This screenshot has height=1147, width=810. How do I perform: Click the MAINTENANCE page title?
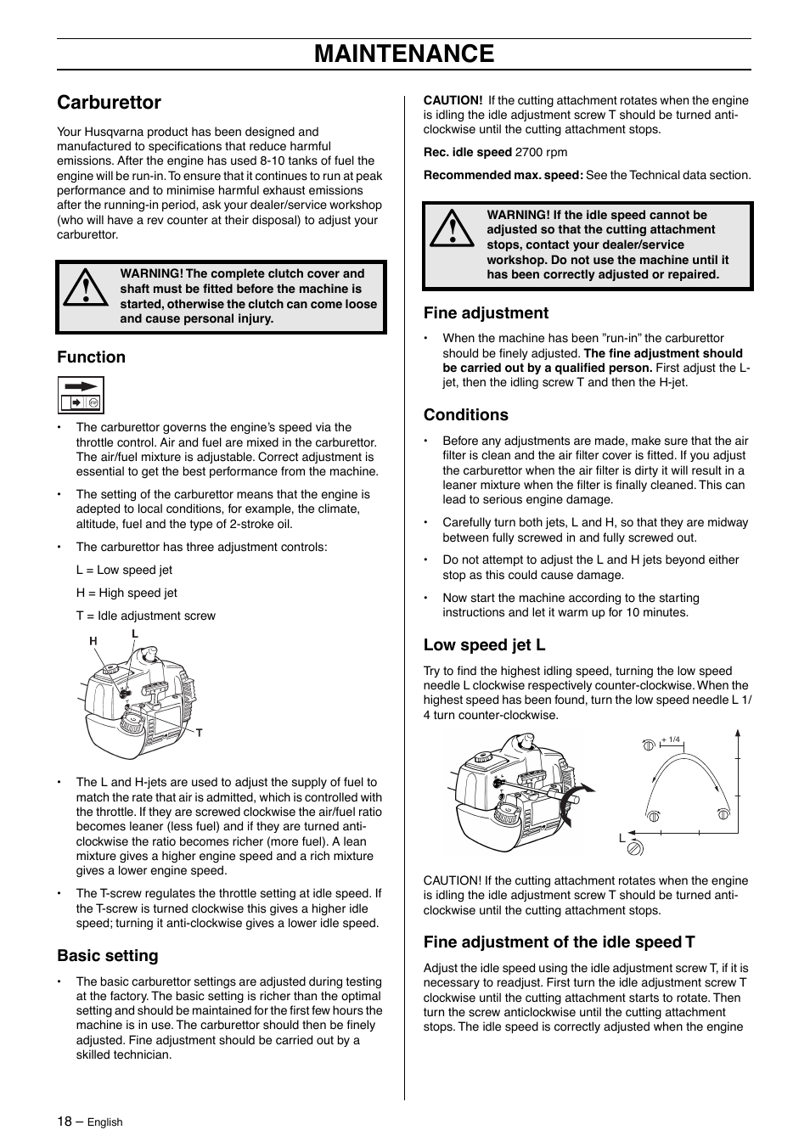pyautogui.click(x=404, y=54)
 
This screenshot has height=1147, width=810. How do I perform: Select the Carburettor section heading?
pyautogui.click(x=109, y=103)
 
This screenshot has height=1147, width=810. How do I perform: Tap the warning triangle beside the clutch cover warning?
pyautogui.click(x=84, y=289)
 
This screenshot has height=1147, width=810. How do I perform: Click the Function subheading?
pyautogui.click(x=91, y=357)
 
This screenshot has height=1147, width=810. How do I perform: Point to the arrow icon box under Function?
pyautogui.click(x=81, y=396)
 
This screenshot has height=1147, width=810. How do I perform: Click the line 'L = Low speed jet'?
pyautogui.click(x=124, y=571)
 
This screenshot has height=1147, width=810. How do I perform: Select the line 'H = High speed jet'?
pyautogui.click(x=127, y=593)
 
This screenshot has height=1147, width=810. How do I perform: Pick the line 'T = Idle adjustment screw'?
pyautogui.click(x=145, y=616)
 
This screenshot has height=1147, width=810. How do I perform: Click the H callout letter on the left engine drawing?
pyautogui.click(x=94, y=641)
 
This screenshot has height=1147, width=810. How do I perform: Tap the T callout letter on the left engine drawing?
pyautogui.click(x=200, y=733)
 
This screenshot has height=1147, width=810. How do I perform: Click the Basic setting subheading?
pyautogui.click(x=108, y=956)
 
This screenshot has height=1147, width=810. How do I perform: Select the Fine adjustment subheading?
pyautogui.click(x=486, y=313)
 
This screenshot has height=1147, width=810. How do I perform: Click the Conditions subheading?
pyautogui.click(x=466, y=415)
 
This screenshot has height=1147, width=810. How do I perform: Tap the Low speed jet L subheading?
pyautogui.click(x=484, y=645)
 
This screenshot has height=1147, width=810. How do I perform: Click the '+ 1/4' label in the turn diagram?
pyautogui.click(x=671, y=739)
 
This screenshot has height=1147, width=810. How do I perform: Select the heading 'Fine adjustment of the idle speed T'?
pyautogui.click(x=559, y=942)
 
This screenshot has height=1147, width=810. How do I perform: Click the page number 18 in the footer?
pyautogui.click(x=65, y=1122)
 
